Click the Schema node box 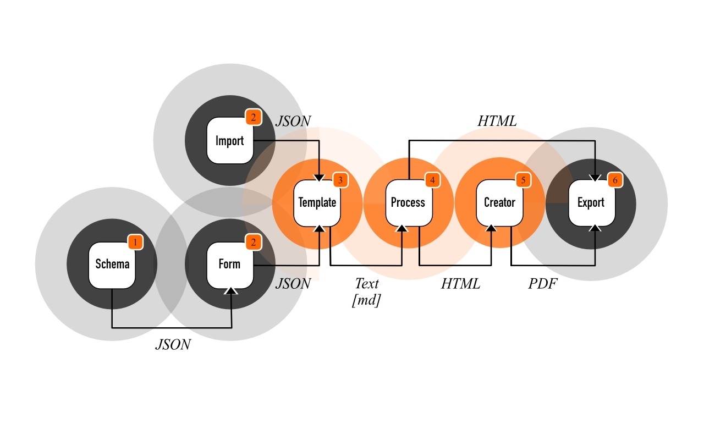[x=112, y=265]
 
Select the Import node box [x=229, y=141]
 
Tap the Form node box [x=229, y=265]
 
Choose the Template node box [x=317, y=202]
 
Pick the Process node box [x=408, y=202]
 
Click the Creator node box [x=499, y=202]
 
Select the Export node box [x=591, y=202]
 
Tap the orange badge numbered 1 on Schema [x=135, y=241]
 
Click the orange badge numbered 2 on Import [x=253, y=117]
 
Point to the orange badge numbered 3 [x=340, y=180]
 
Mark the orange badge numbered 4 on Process [x=432, y=180]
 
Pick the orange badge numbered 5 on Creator [x=523, y=180]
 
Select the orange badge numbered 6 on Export [x=614, y=180]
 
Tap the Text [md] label [x=366, y=291]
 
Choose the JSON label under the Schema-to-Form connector [x=173, y=344]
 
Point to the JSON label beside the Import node [x=293, y=121]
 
